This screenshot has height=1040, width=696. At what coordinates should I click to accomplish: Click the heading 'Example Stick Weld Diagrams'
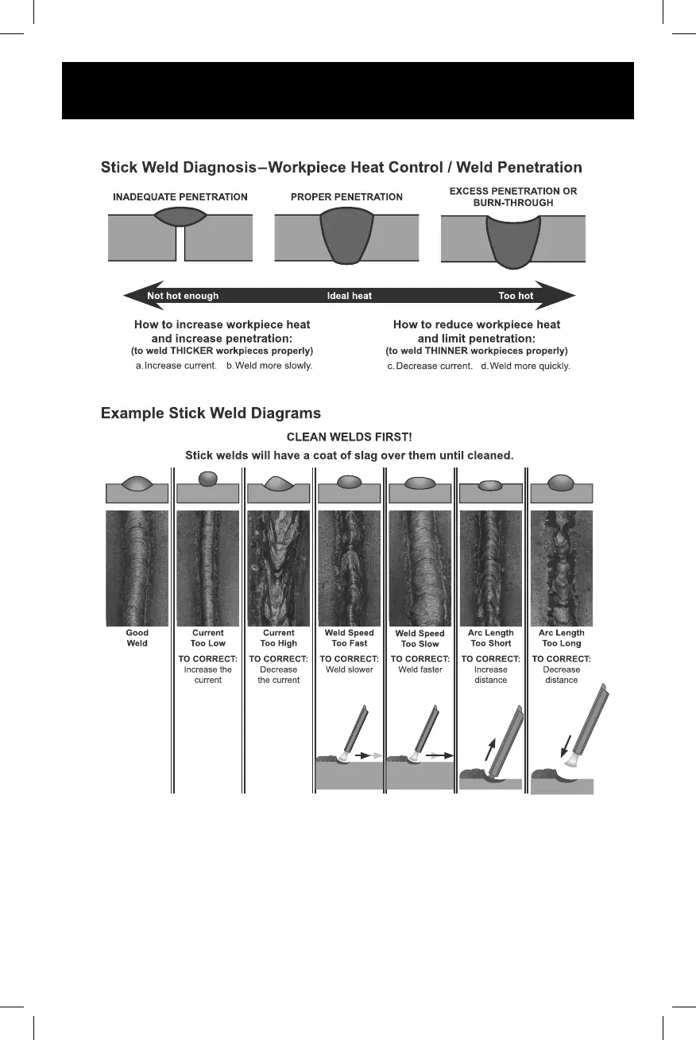[x=211, y=413]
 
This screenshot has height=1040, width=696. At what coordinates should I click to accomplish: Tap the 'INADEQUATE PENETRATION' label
[x=180, y=197]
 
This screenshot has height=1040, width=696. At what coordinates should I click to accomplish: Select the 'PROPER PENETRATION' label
[x=346, y=197]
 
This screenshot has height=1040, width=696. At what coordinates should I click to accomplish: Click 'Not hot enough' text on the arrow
[x=183, y=296]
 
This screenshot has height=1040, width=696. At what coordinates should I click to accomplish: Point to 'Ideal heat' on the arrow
[x=350, y=296]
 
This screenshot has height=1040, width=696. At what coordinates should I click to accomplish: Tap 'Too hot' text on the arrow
[x=516, y=296]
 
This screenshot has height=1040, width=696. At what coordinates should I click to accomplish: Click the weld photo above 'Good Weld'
[x=137, y=568]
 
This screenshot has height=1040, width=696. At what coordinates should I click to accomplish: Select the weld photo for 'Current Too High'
[x=278, y=568]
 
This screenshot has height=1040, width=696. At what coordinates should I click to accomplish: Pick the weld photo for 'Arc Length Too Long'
[x=562, y=568]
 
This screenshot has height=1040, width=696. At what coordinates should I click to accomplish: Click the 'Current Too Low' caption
[x=207, y=638]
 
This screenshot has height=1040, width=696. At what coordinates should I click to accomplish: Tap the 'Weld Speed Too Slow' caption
[x=420, y=639]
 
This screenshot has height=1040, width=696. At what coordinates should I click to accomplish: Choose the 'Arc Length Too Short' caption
[x=490, y=638]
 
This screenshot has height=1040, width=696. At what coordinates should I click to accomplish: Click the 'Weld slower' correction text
[x=349, y=669]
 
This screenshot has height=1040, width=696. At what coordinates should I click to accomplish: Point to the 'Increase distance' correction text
[x=490, y=674]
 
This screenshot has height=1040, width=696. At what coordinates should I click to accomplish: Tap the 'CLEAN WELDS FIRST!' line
[x=349, y=437]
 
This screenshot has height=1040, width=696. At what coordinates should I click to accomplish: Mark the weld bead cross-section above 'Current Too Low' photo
[x=207, y=479]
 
